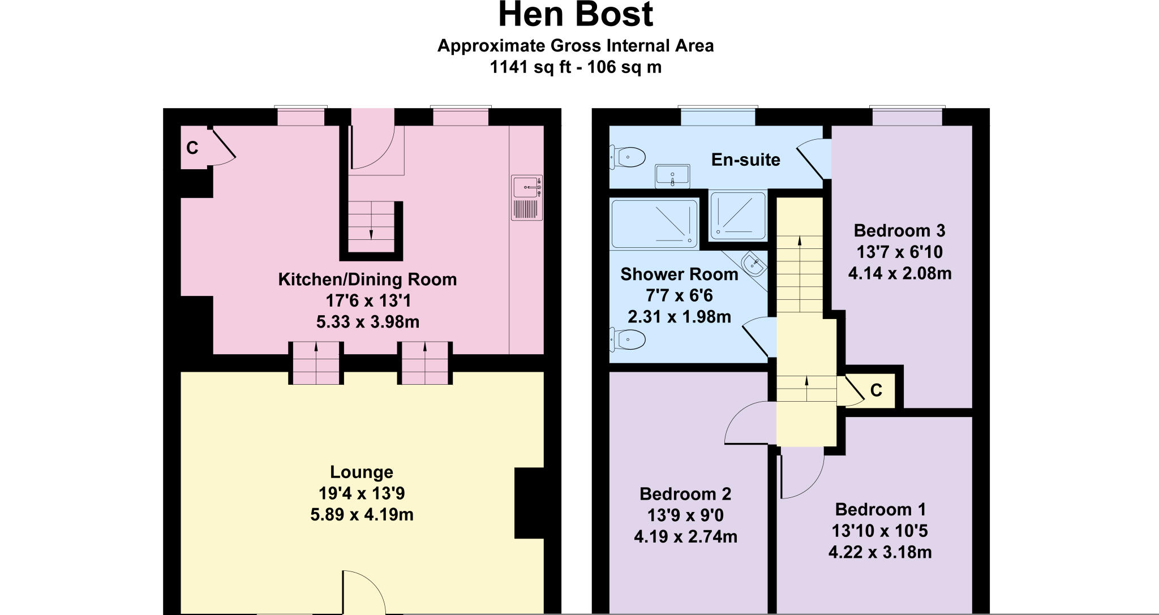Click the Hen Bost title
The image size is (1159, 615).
point(576,16)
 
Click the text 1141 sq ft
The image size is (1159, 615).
point(532,67)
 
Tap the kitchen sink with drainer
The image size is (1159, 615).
point(527,197)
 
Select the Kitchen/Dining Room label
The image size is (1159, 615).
point(367,279)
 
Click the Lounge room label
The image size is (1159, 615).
point(362,472)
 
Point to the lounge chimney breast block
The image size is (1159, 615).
point(529,503)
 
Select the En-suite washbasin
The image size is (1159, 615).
point(672,175)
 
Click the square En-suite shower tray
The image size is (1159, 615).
point(737,216)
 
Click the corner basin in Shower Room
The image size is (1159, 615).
point(753,264)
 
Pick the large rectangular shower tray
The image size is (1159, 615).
point(655,224)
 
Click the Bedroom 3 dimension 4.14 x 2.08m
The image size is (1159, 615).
point(900,274)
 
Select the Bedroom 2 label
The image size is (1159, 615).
point(685,494)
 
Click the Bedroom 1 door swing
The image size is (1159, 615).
point(801,475)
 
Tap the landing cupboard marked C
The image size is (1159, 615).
point(875,390)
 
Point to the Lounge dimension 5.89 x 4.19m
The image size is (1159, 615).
point(362,515)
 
